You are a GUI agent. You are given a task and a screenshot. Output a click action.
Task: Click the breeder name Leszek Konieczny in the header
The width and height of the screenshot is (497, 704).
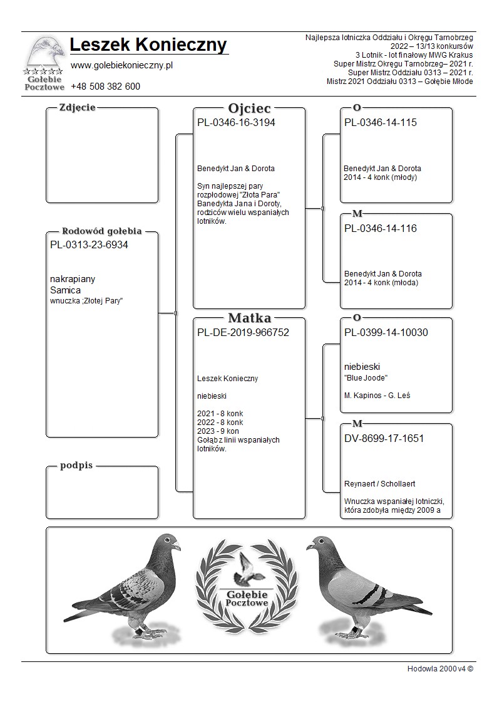tap(149, 45)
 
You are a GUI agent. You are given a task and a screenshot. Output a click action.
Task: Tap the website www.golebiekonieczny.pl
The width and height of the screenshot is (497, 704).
tap(121, 65)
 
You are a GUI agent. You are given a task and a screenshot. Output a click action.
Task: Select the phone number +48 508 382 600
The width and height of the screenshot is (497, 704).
tap(105, 87)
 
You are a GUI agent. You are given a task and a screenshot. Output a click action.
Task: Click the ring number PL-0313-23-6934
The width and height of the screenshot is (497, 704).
tap(89, 245)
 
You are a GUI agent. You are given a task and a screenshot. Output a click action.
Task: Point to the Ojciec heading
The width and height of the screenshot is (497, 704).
tap(249, 108)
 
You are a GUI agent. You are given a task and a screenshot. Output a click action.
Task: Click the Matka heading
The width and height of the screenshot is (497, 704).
tap(249, 318)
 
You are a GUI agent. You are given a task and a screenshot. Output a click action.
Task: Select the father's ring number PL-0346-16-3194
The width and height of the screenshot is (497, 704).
tap(236, 123)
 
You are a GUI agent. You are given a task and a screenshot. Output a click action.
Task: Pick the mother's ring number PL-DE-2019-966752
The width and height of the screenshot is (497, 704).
tap(243, 333)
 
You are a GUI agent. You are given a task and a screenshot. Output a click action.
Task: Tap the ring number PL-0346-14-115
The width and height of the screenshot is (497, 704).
tap(381, 123)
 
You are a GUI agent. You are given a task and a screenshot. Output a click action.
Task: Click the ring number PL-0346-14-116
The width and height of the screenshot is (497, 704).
tap(381, 229)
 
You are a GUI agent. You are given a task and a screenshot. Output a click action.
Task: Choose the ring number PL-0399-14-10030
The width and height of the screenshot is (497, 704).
tap(386, 333)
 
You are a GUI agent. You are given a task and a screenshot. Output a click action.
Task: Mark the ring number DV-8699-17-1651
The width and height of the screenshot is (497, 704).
tap(384, 439)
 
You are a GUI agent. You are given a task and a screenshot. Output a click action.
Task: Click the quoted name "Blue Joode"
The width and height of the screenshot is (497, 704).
tap(366, 378)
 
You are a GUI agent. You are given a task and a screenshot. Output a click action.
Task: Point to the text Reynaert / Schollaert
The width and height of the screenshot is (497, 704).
tap(380, 484)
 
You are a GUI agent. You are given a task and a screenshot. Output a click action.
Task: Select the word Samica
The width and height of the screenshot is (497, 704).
tap(65, 290)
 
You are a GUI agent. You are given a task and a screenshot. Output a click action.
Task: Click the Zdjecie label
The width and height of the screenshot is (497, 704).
tap(77, 107)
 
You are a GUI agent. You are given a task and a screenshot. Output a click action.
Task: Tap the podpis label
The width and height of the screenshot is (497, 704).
tap(76, 466)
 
